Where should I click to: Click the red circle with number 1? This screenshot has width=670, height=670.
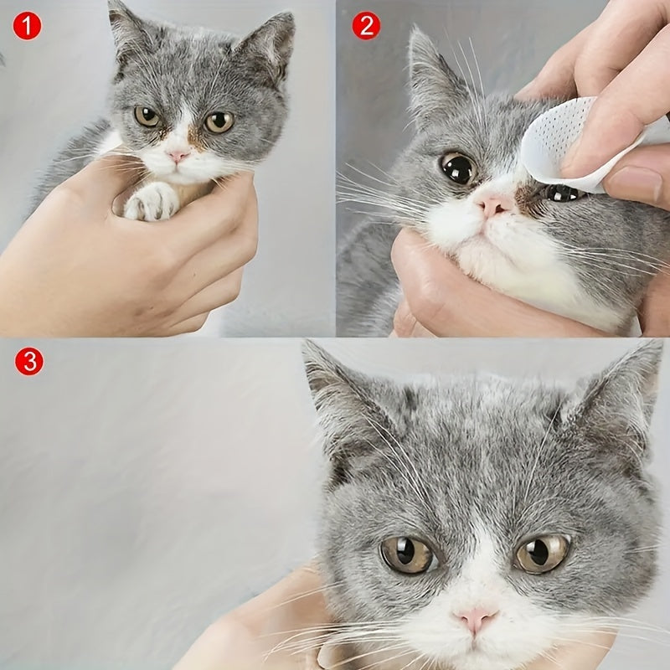pyautogui.click(x=27, y=27)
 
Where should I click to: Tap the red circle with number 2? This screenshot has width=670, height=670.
pyautogui.click(x=366, y=26)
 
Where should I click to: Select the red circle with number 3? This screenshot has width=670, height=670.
pyautogui.click(x=28, y=362)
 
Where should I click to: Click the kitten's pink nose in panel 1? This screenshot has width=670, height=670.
pyautogui.click(x=178, y=156)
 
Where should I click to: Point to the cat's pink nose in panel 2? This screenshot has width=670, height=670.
pyautogui.click(x=493, y=206)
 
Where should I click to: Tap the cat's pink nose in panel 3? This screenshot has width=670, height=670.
pyautogui.click(x=474, y=620)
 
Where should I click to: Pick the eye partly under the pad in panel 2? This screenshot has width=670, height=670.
pyautogui.click(x=563, y=193)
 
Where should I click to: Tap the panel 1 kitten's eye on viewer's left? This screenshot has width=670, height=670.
pyautogui.click(x=147, y=116)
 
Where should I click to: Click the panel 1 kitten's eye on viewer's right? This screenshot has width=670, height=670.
pyautogui.click(x=219, y=122)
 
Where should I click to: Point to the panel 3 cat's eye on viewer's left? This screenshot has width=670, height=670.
pyautogui.click(x=408, y=554)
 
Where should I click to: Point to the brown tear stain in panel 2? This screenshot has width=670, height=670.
pyautogui.click(x=528, y=199)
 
